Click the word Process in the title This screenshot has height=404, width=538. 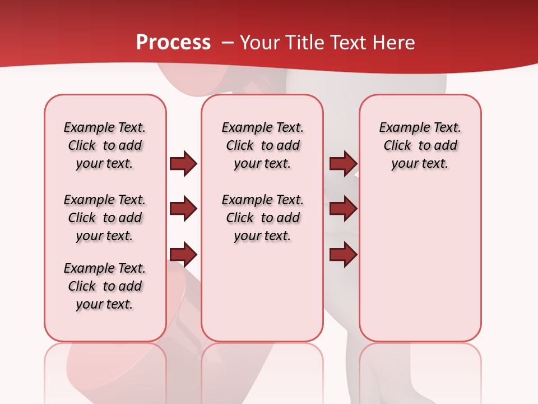point(173,43)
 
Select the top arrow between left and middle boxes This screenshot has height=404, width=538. point(183,164)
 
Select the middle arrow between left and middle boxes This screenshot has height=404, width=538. point(183,209)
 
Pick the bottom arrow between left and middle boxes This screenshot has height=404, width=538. point(183,255)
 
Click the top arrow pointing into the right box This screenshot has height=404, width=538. point(343,164)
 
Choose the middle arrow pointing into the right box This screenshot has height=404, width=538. point(343,209)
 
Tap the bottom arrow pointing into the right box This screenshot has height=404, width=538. point(343,255)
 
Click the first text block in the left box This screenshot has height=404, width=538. point(105,145)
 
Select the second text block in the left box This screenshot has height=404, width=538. point(105,218)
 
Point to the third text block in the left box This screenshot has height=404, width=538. point(105,286)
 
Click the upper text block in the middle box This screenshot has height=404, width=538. point(262,145)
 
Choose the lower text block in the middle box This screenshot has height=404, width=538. point(262,218)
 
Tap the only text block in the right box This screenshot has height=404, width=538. point(420,145)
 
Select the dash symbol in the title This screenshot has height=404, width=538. point(228,43)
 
